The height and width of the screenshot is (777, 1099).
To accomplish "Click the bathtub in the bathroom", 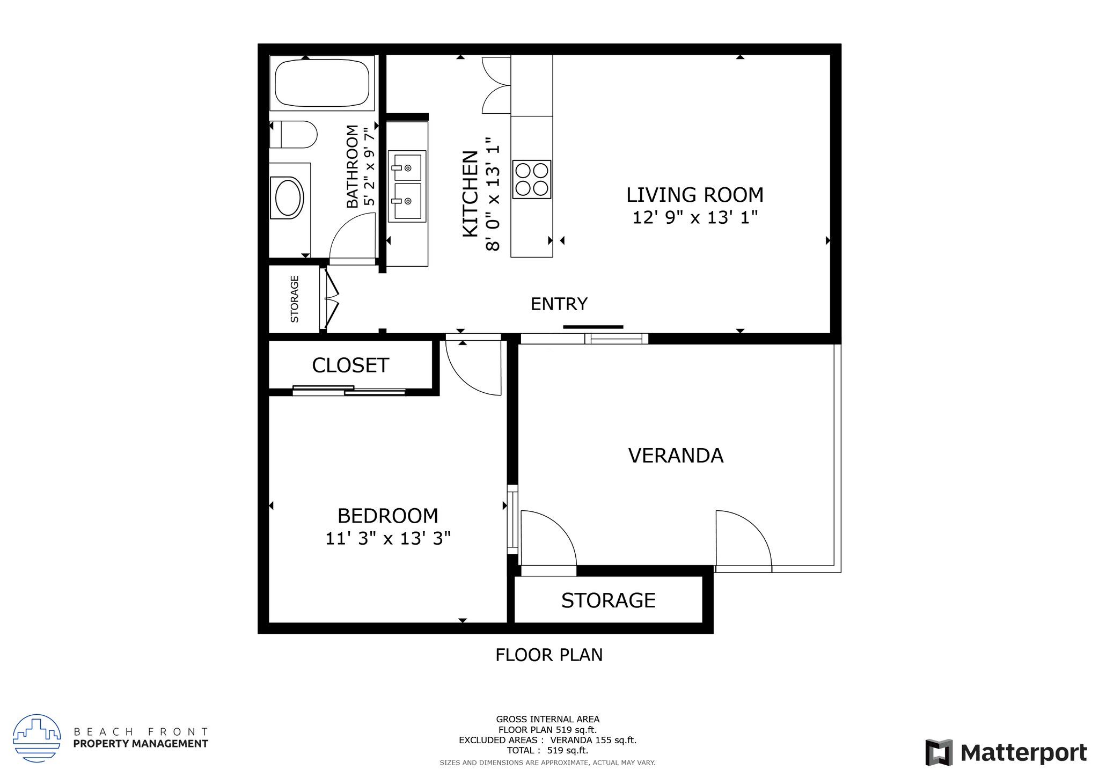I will pyautogui.click(x=322, y=83).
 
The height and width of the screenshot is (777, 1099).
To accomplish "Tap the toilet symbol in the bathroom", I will pyautogui.click(x=294, y=134).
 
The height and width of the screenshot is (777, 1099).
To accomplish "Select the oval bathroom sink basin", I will pyautogui.click(x=289, y=198).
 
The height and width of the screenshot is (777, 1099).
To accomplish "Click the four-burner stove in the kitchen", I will pyautogui.click(x=531, y=179).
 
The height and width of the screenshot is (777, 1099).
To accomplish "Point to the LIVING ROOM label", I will pyautogui.click(x=694, y=195).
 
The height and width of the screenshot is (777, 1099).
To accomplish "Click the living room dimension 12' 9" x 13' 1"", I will pyautogui.click(x=694, y=218).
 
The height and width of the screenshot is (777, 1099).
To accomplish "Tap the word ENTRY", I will pyautogui.click(x=559, y=304).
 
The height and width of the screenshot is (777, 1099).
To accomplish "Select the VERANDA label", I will pyautogui.click(x=675, y=456).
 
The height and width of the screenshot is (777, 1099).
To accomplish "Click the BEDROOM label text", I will pyautogui.click(x=387, y=516).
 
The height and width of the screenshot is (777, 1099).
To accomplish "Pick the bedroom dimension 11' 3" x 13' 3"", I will pyautogui.click(x=387, y=538).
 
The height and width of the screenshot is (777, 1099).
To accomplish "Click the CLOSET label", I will pyautogui.click(x=350, y=365).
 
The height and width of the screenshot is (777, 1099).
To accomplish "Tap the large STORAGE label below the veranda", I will pyautogui.click(x=608, y=600).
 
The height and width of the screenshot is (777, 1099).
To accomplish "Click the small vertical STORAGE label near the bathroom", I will pyautogui.click(x=295, y=299).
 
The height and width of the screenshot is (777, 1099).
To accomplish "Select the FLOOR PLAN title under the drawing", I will pyautogui.click(x=548, y=655).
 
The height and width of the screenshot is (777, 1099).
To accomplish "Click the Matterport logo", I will pyautogui.click(x=1006, y=753).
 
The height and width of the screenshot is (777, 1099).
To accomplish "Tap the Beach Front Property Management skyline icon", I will pyautogui.click(x=36, y=738).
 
